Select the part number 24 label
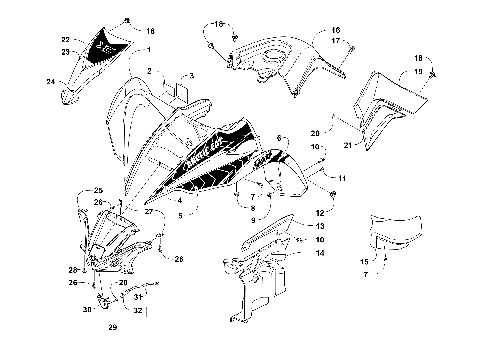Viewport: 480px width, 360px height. [x=51, y=83]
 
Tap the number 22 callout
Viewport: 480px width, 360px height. [x=66, y=40]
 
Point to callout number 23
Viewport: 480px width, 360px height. [x=66, y=51]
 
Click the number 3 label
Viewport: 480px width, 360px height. [x=192, y=76]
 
